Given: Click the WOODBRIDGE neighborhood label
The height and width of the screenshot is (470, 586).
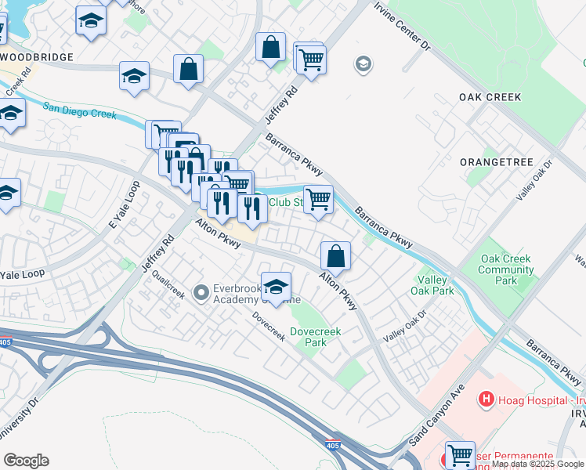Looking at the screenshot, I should point(37,57).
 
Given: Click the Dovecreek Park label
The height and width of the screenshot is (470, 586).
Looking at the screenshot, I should point(314,337).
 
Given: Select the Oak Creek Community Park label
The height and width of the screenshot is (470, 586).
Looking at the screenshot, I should point(506,269).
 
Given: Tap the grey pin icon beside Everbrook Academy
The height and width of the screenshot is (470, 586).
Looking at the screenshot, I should point(201,293).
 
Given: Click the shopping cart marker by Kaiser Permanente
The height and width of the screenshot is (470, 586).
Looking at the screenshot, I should point(460,456).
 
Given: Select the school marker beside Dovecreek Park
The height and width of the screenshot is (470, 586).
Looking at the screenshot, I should point(276,286).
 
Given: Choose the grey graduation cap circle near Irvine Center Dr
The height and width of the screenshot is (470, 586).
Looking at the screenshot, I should point(363,63).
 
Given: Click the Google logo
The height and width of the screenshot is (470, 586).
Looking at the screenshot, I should point(26,461).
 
